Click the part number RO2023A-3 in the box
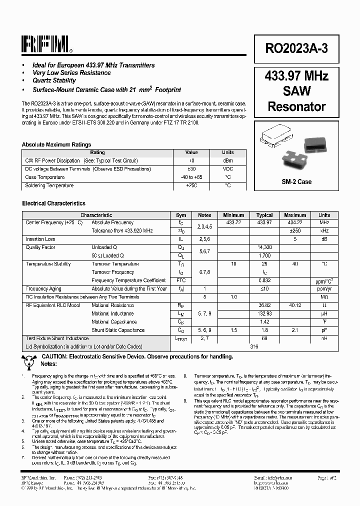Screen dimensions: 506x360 pos(296,48)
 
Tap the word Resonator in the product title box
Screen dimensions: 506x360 pos(296,106)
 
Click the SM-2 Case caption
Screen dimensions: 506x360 pos(296,181)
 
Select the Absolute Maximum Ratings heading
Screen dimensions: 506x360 pos(56,144)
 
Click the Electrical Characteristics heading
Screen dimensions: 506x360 pos(53,203)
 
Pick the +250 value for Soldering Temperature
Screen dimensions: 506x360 pos(191,185)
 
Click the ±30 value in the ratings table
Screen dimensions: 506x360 pos(191,169)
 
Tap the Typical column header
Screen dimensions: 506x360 pos(264,215)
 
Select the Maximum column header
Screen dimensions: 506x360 pos(294,215)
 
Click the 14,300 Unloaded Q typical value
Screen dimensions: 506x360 pos(264,247)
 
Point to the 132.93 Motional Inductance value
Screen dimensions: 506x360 pos(264,313)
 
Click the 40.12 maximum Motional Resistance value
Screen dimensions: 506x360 pos(294,305)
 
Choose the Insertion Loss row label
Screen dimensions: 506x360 pos(40,239)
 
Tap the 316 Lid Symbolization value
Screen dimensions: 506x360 pos(254,346)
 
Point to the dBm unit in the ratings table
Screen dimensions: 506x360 pos(227,161)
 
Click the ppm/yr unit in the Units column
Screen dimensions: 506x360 pos(324,289)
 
